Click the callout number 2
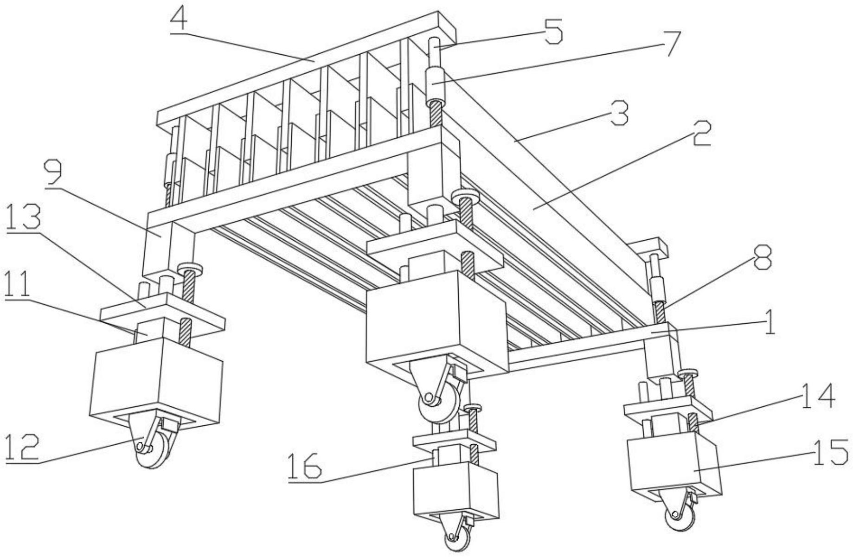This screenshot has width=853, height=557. (x=702, y=133)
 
